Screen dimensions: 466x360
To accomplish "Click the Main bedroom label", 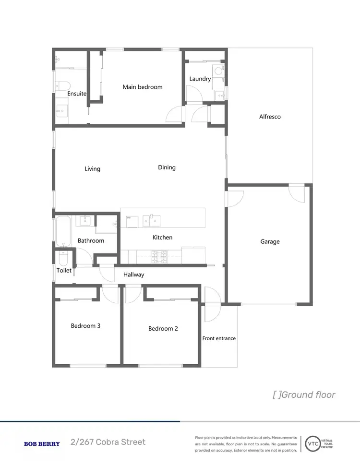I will pos(143,87).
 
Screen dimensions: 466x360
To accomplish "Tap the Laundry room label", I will pos(200,79).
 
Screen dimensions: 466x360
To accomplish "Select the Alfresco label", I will pos(270,117).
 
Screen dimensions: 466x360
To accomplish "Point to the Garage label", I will pos(270,241).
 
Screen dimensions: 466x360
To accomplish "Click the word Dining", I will pos(167,167).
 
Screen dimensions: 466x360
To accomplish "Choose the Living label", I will pos(92,168).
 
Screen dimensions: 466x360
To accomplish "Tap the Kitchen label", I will pos(162,237).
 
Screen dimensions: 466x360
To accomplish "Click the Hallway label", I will pos(133,275).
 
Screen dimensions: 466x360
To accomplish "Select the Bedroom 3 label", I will pos(85,326).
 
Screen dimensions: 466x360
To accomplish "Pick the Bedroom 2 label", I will pos(163,329).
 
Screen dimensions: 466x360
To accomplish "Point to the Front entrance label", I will pos(219,338).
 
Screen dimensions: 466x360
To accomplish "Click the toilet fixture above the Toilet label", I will pos(63,259).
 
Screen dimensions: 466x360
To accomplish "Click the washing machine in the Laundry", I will pos(218,71).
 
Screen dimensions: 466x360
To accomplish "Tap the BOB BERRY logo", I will pos(42,444).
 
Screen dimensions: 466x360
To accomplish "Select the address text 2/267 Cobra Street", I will pos(108,442).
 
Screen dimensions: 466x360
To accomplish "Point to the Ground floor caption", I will pos(304,395).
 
